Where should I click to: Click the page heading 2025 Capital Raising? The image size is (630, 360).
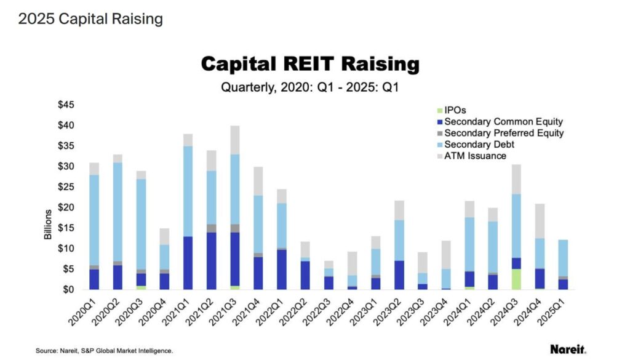pyautogui.click(x=90, y=19)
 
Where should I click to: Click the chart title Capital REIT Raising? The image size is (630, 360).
pyautogui.click(x=310, y=64)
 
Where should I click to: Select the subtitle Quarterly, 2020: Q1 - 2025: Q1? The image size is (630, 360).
pyautogui.click(x=310, y=87)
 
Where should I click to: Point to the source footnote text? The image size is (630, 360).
pyautogui.click(x=104, y=351)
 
